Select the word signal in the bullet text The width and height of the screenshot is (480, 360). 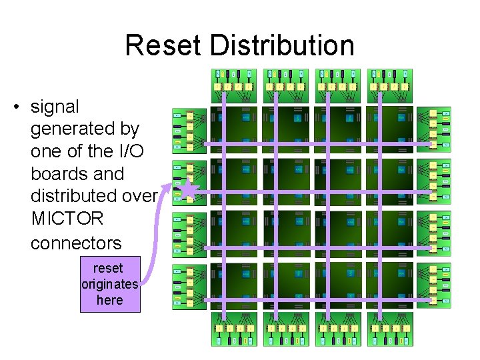tap(55, 107)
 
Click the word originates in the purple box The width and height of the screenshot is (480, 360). tap(109, 284)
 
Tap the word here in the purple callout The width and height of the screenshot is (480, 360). tap(109, 300)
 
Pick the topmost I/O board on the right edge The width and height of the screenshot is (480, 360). tap(433, 129)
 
